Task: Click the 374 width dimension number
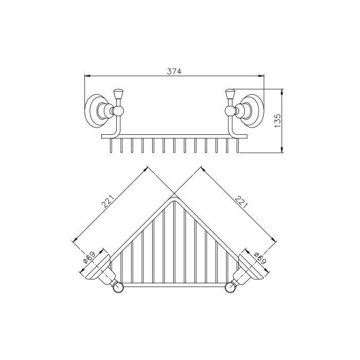click(174, 71)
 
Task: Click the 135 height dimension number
click(278, 121)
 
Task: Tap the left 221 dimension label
click(107, 202)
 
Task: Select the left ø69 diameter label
click(89, 258)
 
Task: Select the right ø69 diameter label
click(260, 258)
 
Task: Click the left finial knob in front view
click(117, 94)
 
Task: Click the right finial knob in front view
click(230, 94)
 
